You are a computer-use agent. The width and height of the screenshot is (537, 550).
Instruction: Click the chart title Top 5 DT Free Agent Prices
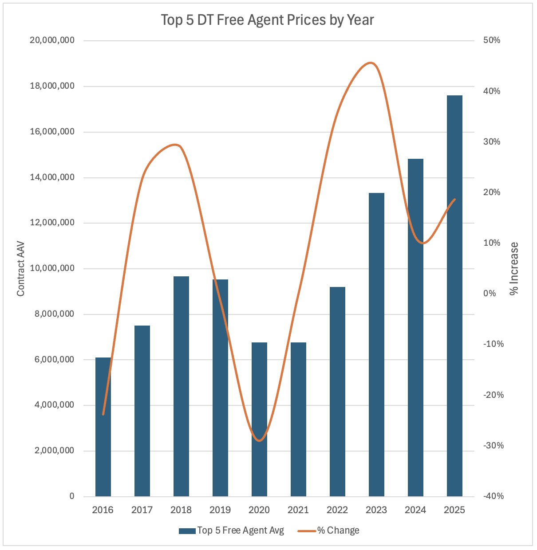pos(267,20)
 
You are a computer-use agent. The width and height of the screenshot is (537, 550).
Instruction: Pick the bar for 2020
pos(259,419)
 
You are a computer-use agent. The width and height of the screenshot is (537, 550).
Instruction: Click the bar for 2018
pos(181,386)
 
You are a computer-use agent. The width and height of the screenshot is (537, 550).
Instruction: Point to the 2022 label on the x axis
pos(337,510)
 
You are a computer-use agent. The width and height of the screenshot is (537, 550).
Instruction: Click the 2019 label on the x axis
pos(220,510)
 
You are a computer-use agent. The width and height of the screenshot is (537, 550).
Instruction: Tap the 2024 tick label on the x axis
pos(415,510)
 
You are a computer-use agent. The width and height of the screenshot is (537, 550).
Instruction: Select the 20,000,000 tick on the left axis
pos(52,40)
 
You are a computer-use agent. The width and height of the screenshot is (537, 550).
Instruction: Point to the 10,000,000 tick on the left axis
pos(52,268)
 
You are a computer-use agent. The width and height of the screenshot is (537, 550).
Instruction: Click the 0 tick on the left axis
pos(72,496)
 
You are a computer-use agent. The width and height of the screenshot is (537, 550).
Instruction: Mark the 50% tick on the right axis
pos(492,40)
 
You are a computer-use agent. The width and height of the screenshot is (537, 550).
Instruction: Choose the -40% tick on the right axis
pos(494,496)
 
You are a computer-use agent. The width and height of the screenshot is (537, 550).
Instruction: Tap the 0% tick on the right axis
pos(490,294)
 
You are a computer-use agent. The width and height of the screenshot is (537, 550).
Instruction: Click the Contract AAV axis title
pos(20,269)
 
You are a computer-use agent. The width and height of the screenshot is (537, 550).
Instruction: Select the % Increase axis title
pos(514,269)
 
